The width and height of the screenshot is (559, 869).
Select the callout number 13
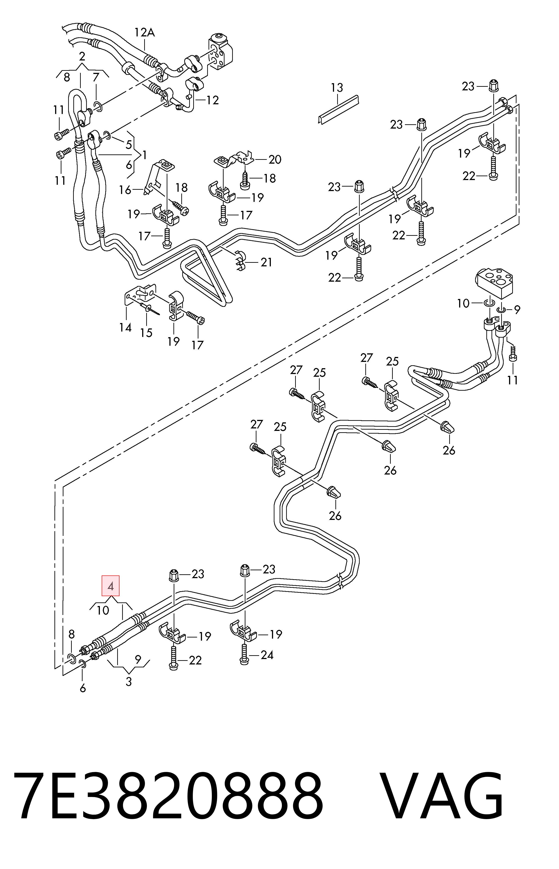point(337,87)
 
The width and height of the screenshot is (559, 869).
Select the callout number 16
point(125,190)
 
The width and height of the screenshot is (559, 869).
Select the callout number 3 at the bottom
point(128,682)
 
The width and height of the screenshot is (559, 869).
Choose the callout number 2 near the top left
point(82,56)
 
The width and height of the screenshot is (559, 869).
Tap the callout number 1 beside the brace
point(144,155)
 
